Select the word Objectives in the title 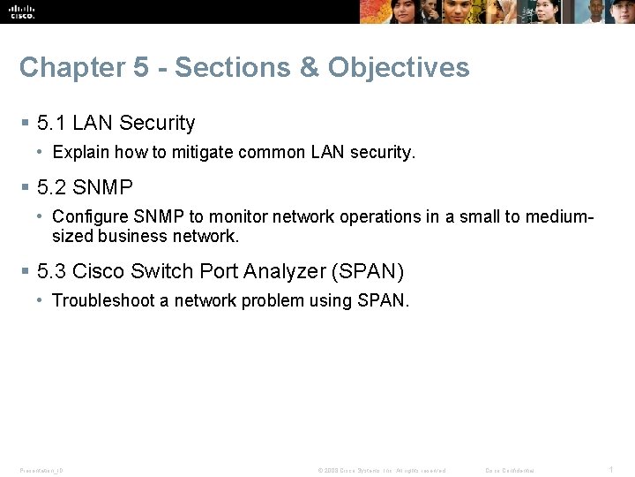399,68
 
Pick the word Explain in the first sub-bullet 80,152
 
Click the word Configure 87,216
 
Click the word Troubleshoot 103,300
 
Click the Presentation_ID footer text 41,470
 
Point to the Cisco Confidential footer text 510,470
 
